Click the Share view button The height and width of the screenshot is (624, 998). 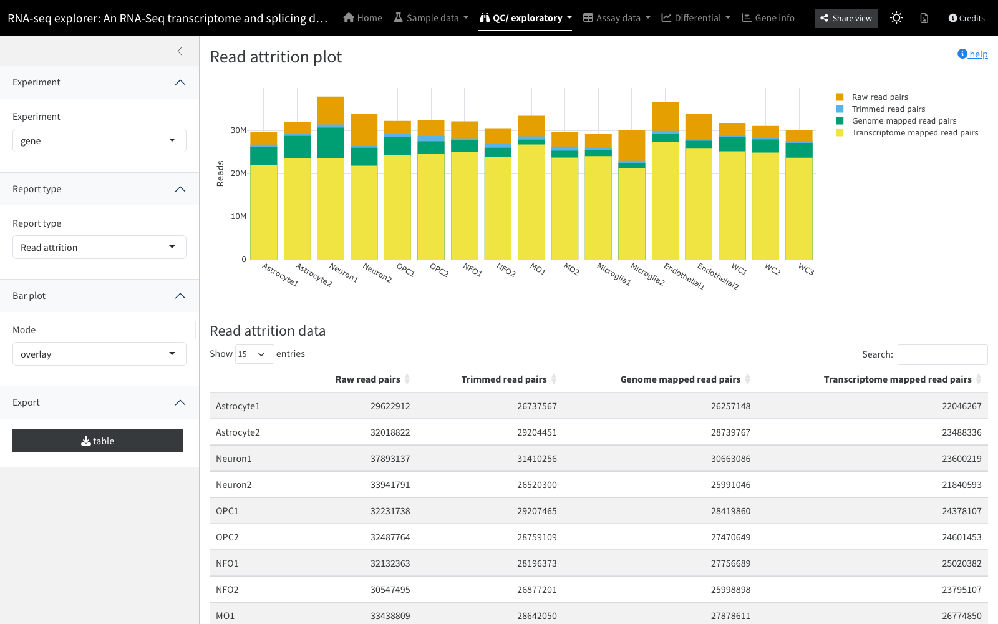pyautogui.click(x=846, y=18)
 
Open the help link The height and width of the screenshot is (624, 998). pyautogui.click(x=972, y=54)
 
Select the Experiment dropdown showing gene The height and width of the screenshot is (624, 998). pyautogui.click(x=99, y=140)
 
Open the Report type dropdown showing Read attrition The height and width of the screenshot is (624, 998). pyautogui.click(x=99, y=247)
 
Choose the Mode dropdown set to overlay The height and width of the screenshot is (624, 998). pyautogui.click(x=99, y=354)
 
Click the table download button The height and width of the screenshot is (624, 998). pyautogui.click(x=97, y=441)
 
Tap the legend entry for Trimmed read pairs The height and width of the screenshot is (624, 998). pyautogui.click(x=888, y=109)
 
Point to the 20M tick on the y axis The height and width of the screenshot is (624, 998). pyautogui.click(x=238, y=173)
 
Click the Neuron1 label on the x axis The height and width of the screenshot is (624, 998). pyautogui.click(x=344, y=272)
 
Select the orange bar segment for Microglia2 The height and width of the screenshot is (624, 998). pyautogui.click(x=632, y=145)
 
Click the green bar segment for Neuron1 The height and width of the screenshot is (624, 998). pyautogui.click(x=331, y=143)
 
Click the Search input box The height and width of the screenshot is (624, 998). pyautogui.click(x=942, y=354)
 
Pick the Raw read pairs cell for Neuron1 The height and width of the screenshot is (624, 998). pyautogui.click(x=390, y=458)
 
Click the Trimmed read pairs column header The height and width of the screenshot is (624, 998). pyautogui.click(x=503, y=379)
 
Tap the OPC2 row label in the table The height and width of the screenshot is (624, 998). pyautogui.click(x=227, y=537)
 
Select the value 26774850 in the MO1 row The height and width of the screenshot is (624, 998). pyautogui.click(x=961, y=615)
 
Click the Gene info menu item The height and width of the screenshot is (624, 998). pyautogui.click(x=768, y=18)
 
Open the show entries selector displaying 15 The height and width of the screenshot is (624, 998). pyautogui.click(x=254, y=354)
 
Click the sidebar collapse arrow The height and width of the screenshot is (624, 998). pyautogui.click(x=180, y=51)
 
